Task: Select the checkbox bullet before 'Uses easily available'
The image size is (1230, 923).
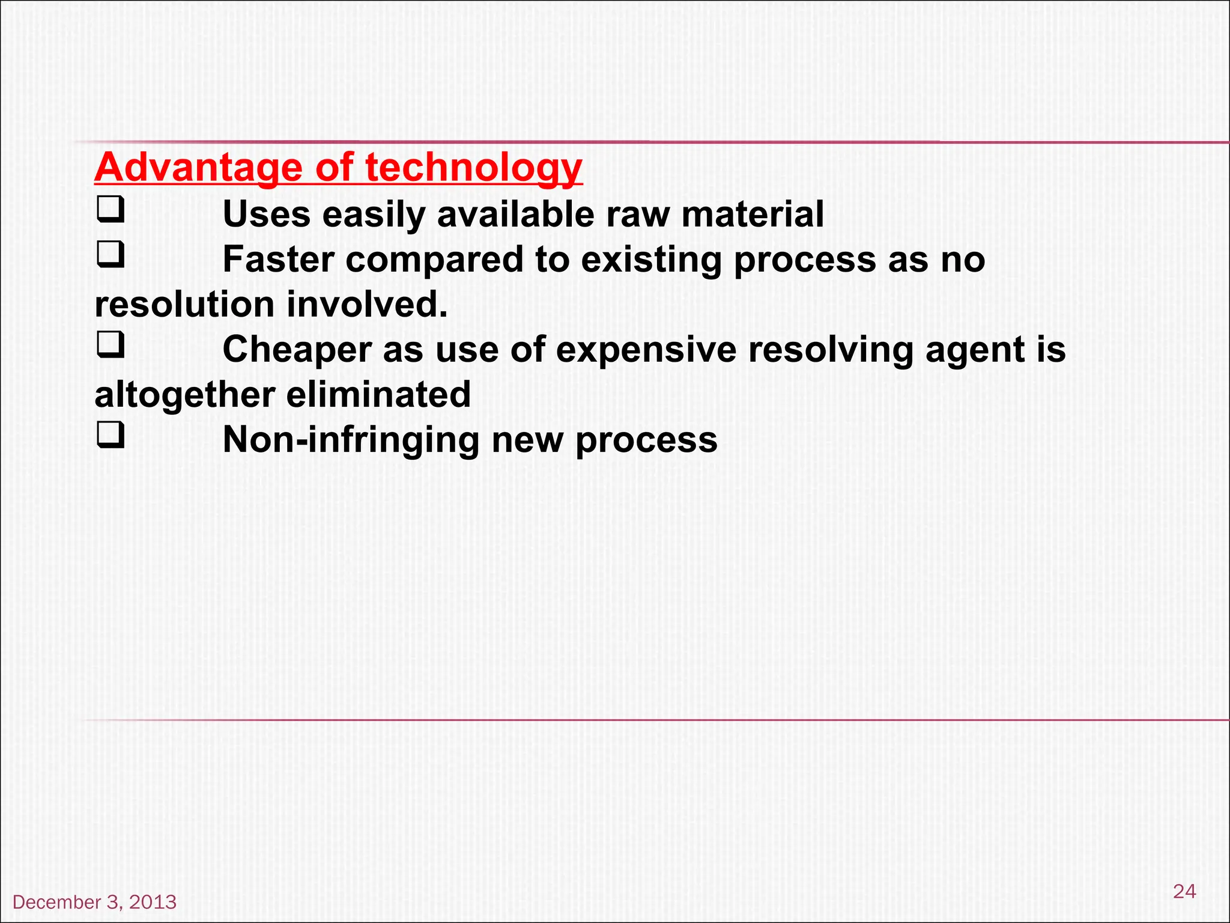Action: (111, 210)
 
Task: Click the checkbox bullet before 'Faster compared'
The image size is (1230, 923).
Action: (111, 255)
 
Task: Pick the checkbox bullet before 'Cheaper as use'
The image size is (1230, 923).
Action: (111, 345)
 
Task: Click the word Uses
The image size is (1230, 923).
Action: (267, 214)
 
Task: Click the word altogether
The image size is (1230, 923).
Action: (184, 395)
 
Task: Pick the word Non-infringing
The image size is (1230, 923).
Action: (351, 440)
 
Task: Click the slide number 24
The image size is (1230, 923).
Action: (1184, 891)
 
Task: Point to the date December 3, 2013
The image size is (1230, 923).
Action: (94, 902)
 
